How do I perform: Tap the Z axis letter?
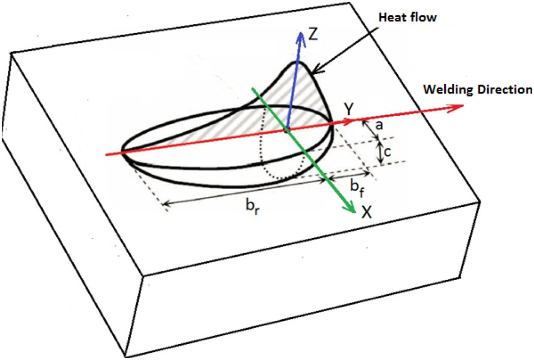pyautogui.click(x=313, y=35)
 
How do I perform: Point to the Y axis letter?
pyautogui.click(x=349, y=111)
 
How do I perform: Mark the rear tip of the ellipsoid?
pyautogui.click(x=123, y=151)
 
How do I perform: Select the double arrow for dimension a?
pyautogui.click(x=371, y=129)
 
